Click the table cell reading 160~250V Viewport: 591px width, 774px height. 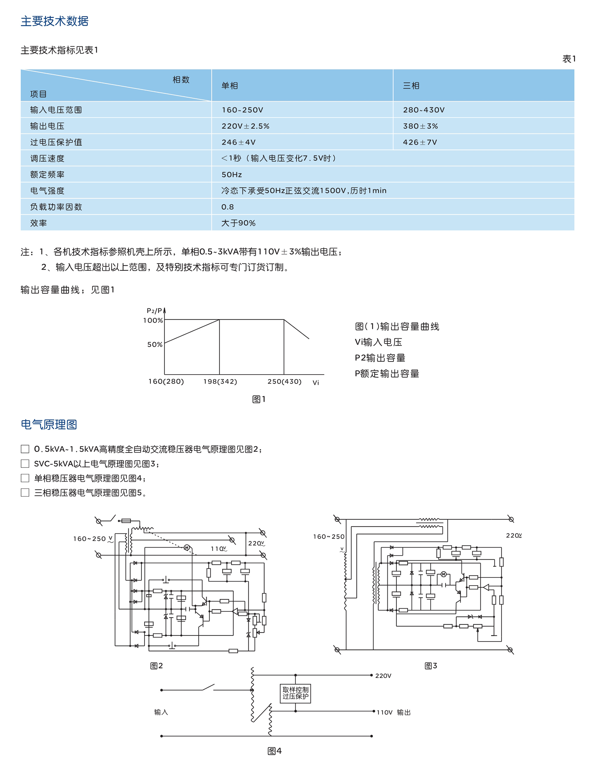point(242,110)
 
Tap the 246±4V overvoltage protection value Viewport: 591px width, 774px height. point(238,142)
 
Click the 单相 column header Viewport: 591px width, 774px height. point(229,85)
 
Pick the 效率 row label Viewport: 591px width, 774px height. point(38,223)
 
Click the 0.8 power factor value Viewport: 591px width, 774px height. point(227,207)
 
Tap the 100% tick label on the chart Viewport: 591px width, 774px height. point(153,320)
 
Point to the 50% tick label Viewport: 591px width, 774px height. point(155,345)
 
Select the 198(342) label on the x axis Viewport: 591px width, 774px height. point(220,382)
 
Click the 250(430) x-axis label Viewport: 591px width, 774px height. point(284,382)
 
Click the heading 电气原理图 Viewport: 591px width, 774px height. point(48,425)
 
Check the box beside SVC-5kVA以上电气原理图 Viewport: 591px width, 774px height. point(25,464)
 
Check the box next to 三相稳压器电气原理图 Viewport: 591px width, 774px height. point(25,493)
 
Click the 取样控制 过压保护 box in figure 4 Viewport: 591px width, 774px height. point(295,693)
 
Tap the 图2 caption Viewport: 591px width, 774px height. point(156,665)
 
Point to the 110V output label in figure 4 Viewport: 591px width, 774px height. point(384,713)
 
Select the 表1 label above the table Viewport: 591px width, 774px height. point(569,59)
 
